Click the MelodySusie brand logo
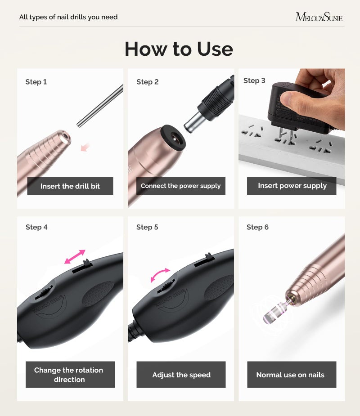319,18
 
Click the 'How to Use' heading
179,49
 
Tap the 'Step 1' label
36,82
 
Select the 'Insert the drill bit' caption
70,186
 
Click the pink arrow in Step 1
85,147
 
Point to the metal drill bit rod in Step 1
100,106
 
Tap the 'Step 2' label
148,82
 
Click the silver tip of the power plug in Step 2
194,122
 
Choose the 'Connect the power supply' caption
180,186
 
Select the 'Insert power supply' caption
292,186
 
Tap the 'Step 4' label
36,227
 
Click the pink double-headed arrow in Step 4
75,256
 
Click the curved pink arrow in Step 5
160,274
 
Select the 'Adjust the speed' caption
181,375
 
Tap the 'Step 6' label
257,227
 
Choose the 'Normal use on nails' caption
290,375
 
